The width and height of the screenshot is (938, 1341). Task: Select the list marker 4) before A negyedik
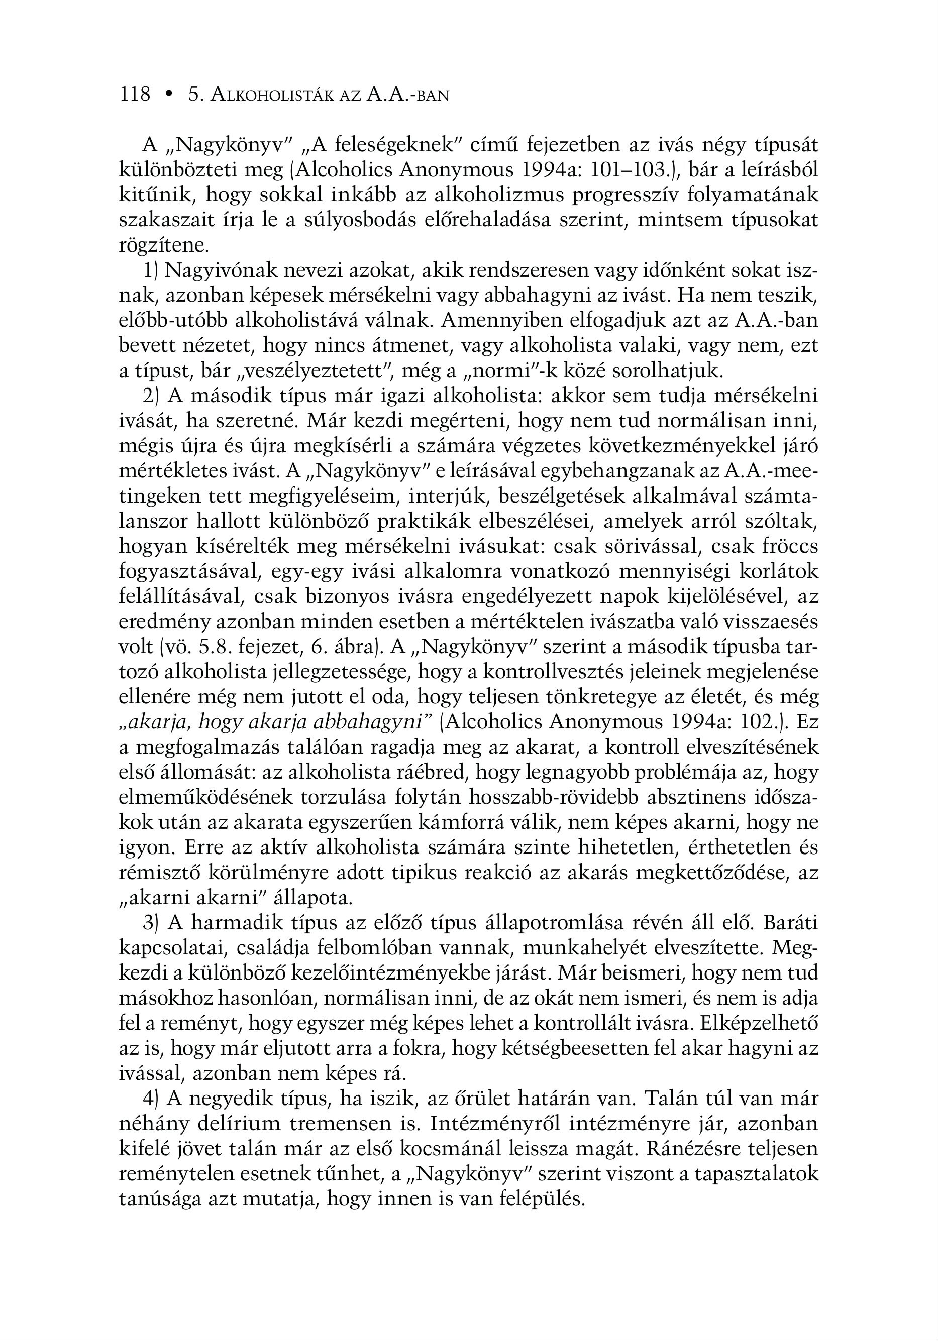coord(150,1099)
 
